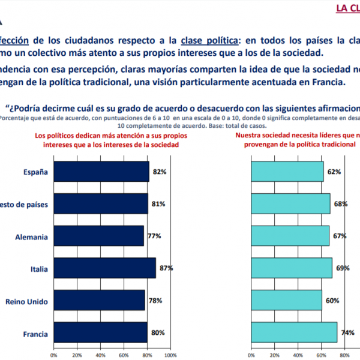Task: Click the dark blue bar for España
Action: tap(101, 172)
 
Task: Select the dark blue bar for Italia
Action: tap(104, 268)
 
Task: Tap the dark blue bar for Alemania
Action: tap(98, 236)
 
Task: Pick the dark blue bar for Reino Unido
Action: tap(99, 300)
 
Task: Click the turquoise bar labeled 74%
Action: tap(294, 332)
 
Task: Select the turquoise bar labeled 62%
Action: tap(287, 172)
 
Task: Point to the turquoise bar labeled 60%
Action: tap(286, 300)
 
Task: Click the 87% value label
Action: tap(166, 268)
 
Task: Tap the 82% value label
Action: tap(159, 172)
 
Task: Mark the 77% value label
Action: tap(154, 236)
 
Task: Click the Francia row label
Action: tap(35, 332)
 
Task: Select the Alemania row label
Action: tap(32, 236)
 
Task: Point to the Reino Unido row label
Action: tap(27, 301)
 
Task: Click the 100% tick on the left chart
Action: tap(170, 355)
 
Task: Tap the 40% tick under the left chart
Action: tap(100, 355)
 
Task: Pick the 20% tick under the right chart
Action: tap(275, 355)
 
